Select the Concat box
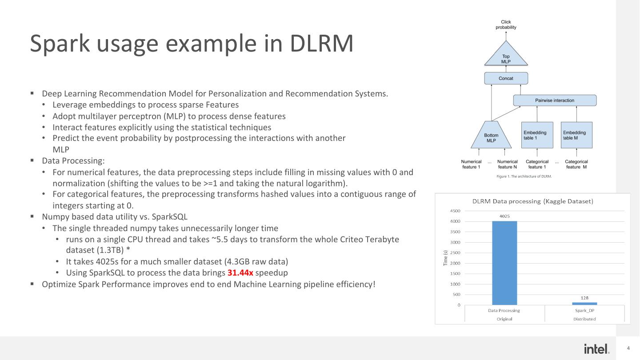tap(506, 78)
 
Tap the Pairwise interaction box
tap(555, 100)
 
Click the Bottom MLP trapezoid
tap(491, 136)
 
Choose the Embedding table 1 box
tap(537, 135)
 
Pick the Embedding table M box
tap(576, 135)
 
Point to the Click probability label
tap(506, 24)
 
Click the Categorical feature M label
tap(576, 164)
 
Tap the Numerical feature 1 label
tap(471, 164)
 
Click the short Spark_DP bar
tap(584, 304)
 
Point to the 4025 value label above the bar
tap(504, 216)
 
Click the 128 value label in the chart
tap(584, 298)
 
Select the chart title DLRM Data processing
tap(532, 201)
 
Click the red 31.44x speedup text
tap(240, 272)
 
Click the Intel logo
tap(596, 349)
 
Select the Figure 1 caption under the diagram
tap(524, 176)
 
